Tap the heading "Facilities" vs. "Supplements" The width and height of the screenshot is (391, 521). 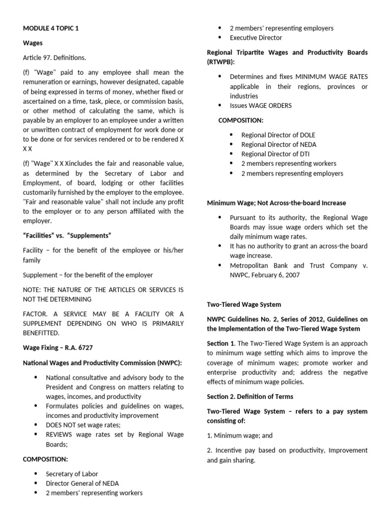(x=67, y=236)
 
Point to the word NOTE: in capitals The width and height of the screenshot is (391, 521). (x=33, y=290)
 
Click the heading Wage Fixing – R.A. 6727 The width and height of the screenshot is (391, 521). (x=58, y=348)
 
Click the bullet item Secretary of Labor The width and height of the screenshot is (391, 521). (x=71, y=474)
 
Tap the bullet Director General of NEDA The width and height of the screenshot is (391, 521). (x=82, y=483)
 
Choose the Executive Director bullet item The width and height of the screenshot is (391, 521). (x=256, y=38)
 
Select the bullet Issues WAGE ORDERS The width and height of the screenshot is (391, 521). (x=261, y=106)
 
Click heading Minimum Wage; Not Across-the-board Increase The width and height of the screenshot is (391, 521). (x=276, y=202)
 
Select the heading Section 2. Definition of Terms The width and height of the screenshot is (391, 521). (x=250, y=396)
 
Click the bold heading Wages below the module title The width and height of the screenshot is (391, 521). (x=33, y=43)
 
